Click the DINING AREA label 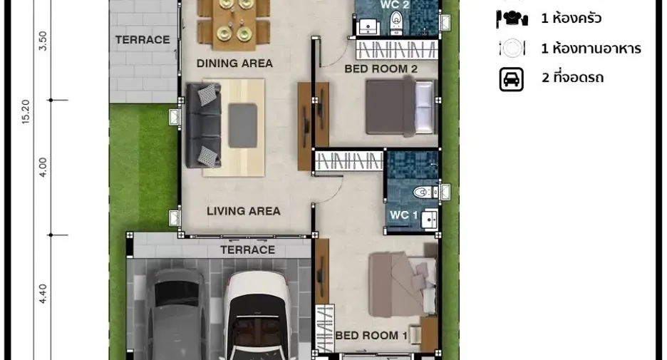click(234, 63)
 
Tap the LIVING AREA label click(243, 211)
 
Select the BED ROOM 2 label click(381, 68)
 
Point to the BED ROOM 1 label click(371, 335)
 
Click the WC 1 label click(403, 215)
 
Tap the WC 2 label click(395, 5)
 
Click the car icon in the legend click(512, 79)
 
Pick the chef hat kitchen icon click(512, 19)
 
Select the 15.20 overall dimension click(26, 112)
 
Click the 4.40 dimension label click(43, 294)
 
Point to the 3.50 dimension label click(43, 41)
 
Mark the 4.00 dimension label click(43, 168)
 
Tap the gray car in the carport click(177, 314)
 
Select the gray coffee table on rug click(242, 126)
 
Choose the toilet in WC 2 click(396, 22)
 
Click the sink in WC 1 click(429, 220)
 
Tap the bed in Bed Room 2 click(402, 107)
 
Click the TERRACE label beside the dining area click(143, 40)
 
